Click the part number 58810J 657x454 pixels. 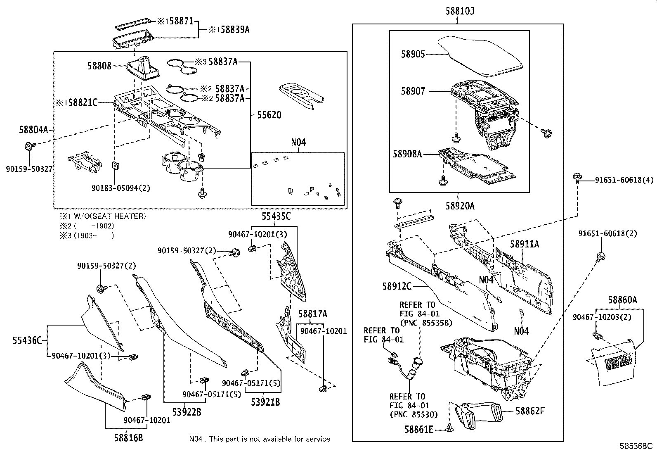[x=459, y=12]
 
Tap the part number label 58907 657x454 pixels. [x=413, y=91]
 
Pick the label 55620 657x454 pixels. [x=269, y=115]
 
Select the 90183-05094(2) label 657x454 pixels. [x=121, y=188]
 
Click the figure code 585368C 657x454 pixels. [x=636, y=446]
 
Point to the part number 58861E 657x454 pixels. [x=419, y=430]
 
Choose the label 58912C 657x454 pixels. [x=397, y=286]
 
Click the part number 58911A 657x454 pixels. [x=524, y=244]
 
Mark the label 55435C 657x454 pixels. [x=276, y=216]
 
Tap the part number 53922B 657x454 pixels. [x=187, y=411]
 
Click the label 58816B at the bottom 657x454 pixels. [x=129, y=437]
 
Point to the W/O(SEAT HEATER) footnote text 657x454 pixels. [x=107, y=216]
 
